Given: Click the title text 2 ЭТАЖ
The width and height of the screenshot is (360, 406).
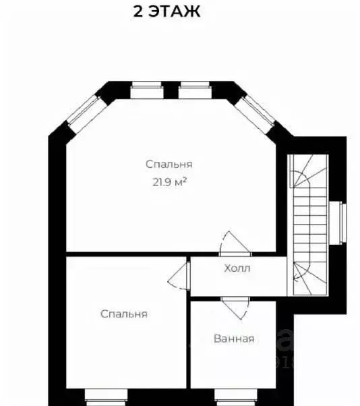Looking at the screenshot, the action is tap(167, 11).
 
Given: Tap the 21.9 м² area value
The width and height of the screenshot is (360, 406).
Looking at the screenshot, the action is tap(169, 182).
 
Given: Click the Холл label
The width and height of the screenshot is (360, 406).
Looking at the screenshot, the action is tap(237, 268).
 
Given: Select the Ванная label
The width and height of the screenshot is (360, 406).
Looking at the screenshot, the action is tap(234, 339).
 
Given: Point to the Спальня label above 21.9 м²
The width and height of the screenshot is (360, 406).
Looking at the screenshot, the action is tap(169, 164).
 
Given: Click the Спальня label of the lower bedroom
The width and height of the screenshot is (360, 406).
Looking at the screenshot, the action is tap(124, 314).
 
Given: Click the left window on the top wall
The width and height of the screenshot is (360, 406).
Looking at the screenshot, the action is tap(147, 90).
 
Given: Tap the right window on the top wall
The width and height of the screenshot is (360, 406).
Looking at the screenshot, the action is tap(195, 90).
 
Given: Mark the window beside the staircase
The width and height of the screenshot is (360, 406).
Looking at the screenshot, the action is tap(338, 223).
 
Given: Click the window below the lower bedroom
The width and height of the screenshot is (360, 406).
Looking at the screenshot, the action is tap(106, 397).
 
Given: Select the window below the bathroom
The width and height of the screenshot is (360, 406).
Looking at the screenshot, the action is tap(235, 397).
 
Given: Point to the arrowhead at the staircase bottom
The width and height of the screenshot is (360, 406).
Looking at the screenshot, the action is tap(295, 279).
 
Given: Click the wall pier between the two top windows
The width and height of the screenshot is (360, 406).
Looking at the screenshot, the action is tap(171, 90).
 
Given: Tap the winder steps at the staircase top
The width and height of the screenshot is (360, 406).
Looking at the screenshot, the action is tap(310, 171).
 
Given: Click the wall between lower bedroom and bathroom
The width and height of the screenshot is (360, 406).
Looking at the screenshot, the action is tap(188, 322).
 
